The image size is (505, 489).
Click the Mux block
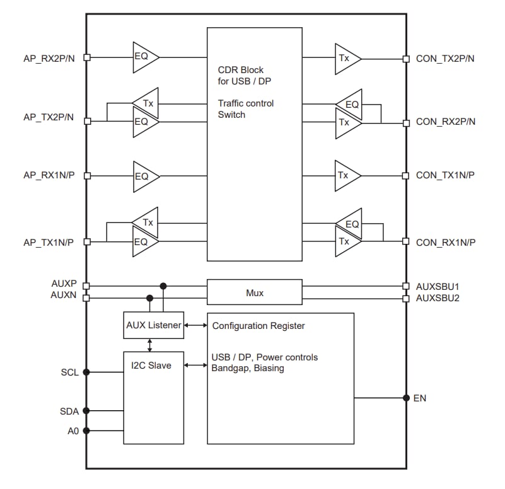pyautogui.click(x=255, y=292)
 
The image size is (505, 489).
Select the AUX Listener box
pyautogui.click(x=153, y=325)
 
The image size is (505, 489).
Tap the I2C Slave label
pyautogui.click(x=151, y=365)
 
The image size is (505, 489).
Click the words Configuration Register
pyautogui.click(x=258, y=326)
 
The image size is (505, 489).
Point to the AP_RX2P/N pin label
pyautogui.click(x=49, y=58)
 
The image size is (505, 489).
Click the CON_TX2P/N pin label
pyautogui.click(x=445, y=59)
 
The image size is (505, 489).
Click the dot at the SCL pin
pyautogui.click(x=86, y=372)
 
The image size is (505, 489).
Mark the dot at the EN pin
pyautogui.click(x=407, y=398)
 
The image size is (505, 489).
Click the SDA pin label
pyautogui.click(x=69, y=411)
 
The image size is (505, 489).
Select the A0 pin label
pyautogui.click(x=73, y=431)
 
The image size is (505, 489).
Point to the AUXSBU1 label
pyautogui.click(x=438, y=285)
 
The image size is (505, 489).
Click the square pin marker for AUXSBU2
pyautogui.click(x=406, y=298)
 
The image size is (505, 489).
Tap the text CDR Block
pyautogui.click(x=240, y=70)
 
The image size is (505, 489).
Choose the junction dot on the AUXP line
pyautogui.click(x=163, y=285)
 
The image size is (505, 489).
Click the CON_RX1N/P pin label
pyautogui.click(x=445, y=242)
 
